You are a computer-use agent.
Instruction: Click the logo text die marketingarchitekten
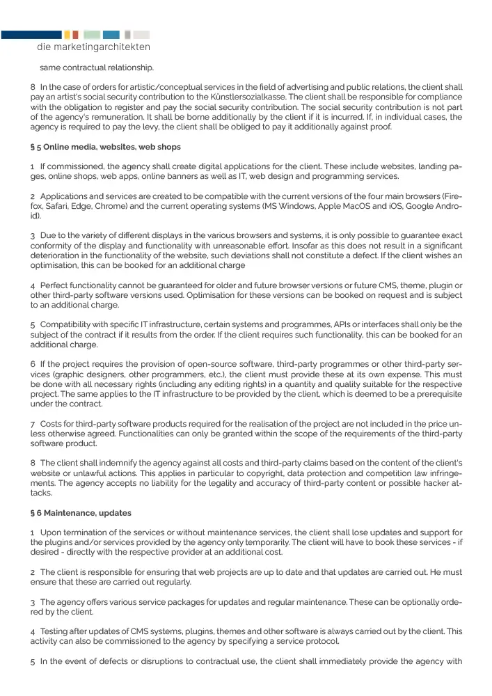point(93,47)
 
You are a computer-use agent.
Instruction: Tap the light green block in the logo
point(91,34)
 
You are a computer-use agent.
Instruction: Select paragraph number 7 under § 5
point(33,423)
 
